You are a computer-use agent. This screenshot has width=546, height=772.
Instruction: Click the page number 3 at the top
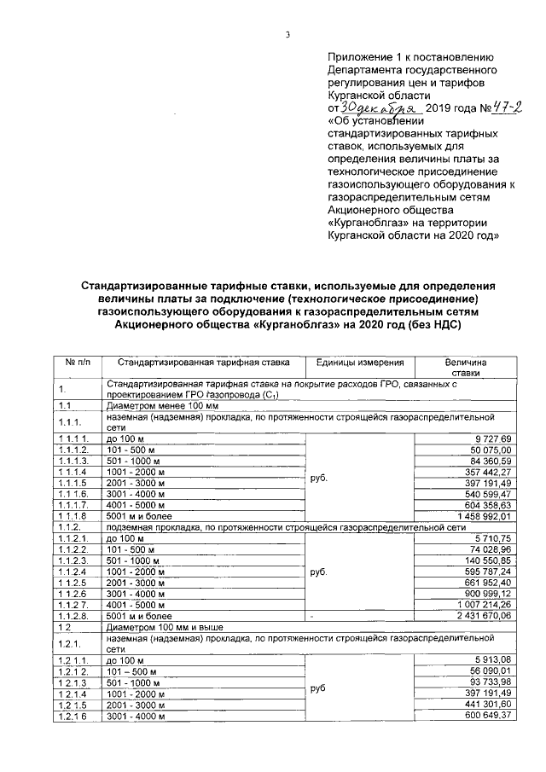(288, 35)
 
